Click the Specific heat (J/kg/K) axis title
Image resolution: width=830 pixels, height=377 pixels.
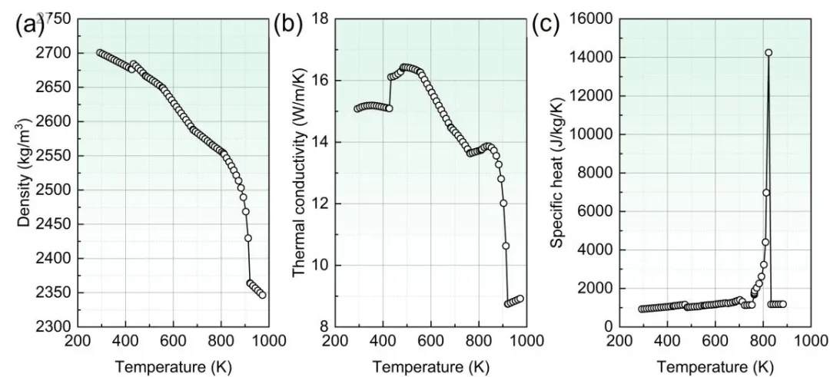[556, 173]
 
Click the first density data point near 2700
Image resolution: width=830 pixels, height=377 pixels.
[100, 53]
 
